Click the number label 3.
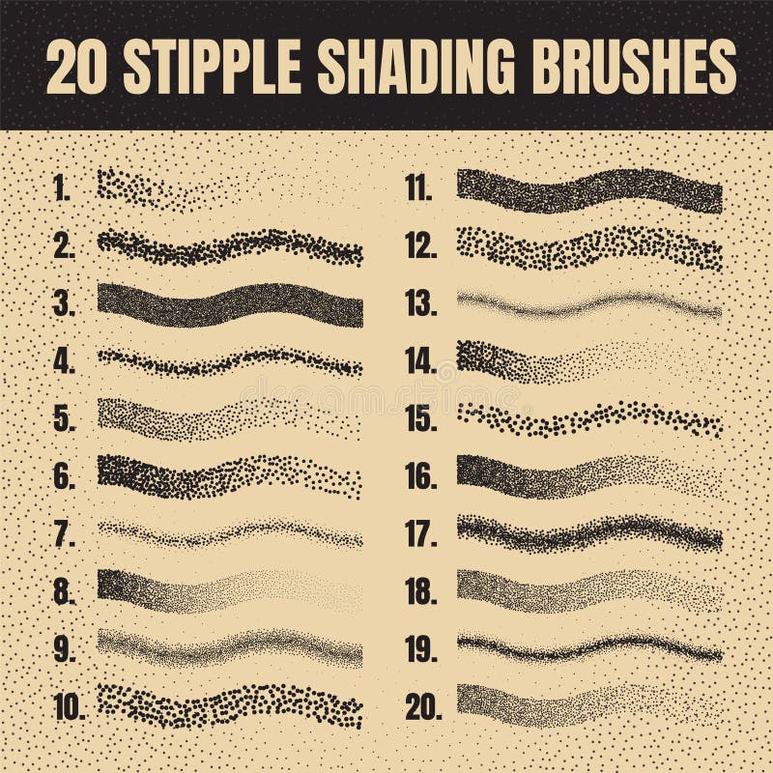64,305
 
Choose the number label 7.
64,534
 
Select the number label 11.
418,189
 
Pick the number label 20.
423,707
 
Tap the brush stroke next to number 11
589,189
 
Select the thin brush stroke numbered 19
589,646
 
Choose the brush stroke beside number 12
589,248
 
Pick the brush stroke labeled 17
589,531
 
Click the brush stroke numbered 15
589,419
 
